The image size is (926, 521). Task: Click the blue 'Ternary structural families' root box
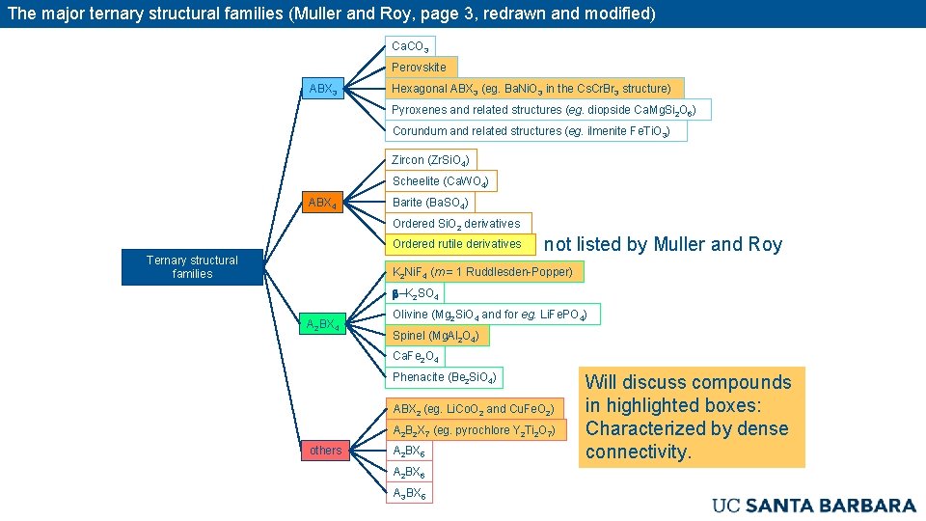pyautogui.click(x=192, y=267)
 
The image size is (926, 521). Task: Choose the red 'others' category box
pyautogui.click(x=326, y=451)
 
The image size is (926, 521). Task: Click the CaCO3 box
pyautogui.click(x=411, y=46)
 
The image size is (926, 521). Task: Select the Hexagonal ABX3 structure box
pyautogui.click(x=531, y=89)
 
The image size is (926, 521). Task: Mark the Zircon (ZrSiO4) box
pyautogui.click(x=430, y=160)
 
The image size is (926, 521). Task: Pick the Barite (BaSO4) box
pyautogui.click(x=430, y=203)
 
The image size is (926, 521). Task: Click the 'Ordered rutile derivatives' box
pyautogui.click(x=457, y=244)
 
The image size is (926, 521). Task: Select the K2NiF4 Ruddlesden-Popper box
pyautogui.click(x=482, y=272)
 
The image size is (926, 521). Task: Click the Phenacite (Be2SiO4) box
pyautogui.click(x=444, y=377)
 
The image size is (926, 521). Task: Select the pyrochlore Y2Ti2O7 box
pyautogui.click(x=476, y=430)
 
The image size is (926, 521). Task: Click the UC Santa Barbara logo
pyautogui.click(x=813, y=505)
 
